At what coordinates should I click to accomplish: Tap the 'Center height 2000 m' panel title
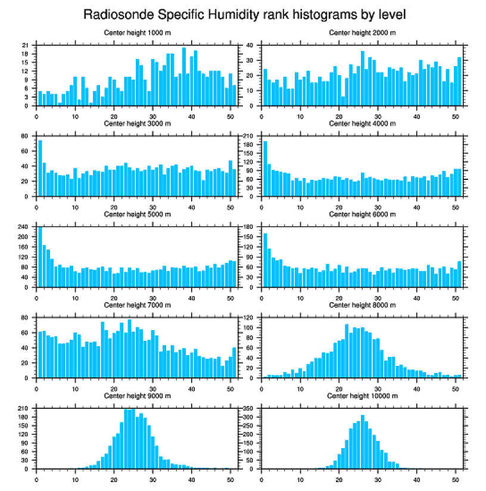tap(363, 32)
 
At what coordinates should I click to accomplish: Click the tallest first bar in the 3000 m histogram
tap(40, 168)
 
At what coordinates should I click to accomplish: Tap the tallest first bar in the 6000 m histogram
tap(265, 260)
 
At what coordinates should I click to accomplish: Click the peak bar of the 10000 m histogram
tap(362, 442)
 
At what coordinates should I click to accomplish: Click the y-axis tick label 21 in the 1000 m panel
tap(26, 45)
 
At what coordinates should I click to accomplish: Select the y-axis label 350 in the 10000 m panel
tap(248, 408)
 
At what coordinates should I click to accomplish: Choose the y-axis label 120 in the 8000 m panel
tap(248, 318)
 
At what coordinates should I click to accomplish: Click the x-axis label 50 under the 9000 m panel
tap(230, 478)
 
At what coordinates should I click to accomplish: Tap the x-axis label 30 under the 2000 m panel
tap(378, 114)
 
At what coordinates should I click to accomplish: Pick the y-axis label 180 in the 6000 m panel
tap(248, 227)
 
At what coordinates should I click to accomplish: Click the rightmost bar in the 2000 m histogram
tap(459, 82)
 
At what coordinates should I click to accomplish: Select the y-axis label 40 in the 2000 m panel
tap(250, 45)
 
